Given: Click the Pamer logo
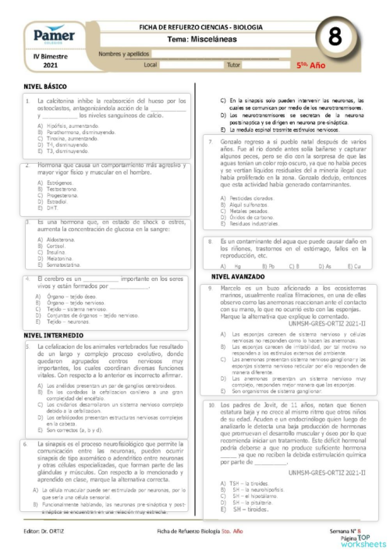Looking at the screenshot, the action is (x=49, y=34).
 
